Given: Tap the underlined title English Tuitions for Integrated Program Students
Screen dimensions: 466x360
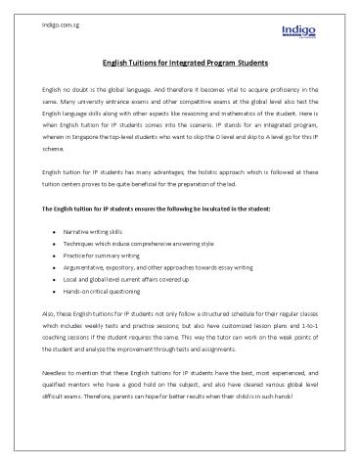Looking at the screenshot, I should click(179, 63).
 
